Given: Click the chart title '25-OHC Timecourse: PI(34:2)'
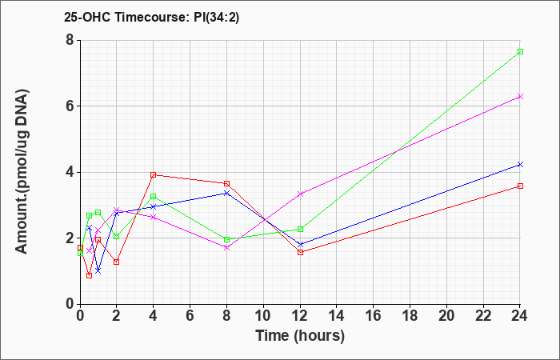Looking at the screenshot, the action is (151, 17).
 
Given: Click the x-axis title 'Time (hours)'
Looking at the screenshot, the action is (300, 336).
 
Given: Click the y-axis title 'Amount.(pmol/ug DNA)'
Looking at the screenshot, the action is (22, 172).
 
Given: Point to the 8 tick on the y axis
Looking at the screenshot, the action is (70, 40).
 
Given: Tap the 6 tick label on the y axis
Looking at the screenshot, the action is (70, 106).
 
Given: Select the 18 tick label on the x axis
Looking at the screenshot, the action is (410, 315).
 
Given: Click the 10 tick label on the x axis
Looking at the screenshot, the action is (263, 315).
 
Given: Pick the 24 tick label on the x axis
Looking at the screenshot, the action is (519, 315).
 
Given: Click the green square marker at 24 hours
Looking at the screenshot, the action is (520, 52).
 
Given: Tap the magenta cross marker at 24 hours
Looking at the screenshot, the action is (520, 97).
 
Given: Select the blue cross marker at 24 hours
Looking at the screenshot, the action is (520, 164).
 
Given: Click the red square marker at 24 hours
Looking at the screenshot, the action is (520, 186).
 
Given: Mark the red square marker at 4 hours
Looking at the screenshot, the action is (154, 174).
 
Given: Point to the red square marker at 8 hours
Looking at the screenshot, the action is (226, 183).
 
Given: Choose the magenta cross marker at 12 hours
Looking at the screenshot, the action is (300, 194).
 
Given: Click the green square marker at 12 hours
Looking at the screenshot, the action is (300, 230).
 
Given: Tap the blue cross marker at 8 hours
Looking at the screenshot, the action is (226, 194).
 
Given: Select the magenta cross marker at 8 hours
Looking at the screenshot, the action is (226, 247).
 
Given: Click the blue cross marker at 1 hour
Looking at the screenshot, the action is (98, 270).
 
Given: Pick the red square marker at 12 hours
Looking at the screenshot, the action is (300, 253).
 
